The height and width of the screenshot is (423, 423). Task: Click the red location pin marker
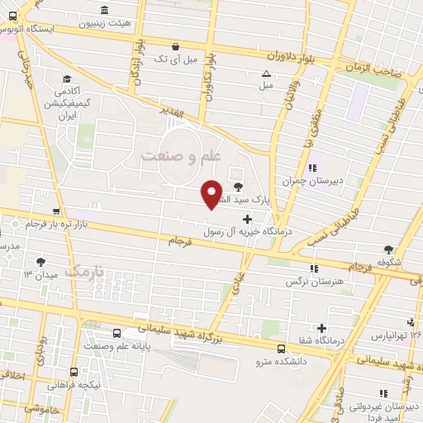click(212, 193)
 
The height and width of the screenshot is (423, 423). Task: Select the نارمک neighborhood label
click(84, 271)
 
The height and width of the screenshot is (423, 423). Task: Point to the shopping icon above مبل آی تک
click(174, 46)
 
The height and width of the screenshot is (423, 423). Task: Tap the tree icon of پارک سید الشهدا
click(239, 187)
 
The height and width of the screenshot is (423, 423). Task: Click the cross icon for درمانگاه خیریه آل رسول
click(246, 217)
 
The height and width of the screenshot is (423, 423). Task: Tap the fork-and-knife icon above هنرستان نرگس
click(313, 268)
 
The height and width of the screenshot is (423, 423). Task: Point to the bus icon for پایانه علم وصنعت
click(116, 334)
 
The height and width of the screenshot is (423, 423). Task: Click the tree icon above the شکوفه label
click(387, 248)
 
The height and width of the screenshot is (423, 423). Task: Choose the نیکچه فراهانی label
click(74, 384)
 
